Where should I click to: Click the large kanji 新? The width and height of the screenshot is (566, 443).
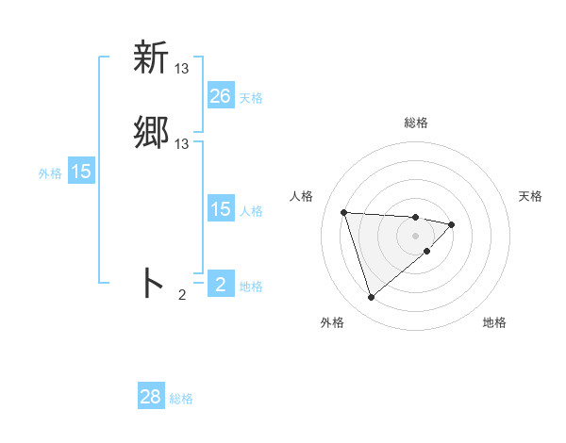click(x=151, y=58)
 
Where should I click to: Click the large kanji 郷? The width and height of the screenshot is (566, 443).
click(x=151, y=133)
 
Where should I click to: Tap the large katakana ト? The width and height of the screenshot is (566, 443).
click(x=152, y=283)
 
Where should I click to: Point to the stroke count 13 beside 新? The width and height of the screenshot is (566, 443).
click(x=182, y=69)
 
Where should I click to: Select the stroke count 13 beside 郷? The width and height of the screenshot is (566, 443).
click(x=182, y=144)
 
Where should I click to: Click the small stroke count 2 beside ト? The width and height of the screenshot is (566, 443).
click(x=182, y=295)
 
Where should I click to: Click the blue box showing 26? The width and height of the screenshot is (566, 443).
click(x=221, y=96)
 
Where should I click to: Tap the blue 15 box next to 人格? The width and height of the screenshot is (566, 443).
click(x=221, y=209)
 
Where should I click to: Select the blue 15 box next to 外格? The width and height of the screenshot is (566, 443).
click(x=81, y=172)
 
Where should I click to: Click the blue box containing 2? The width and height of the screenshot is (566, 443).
click(x=221, y=285)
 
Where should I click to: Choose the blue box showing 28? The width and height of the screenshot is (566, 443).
click(x=151, y=397)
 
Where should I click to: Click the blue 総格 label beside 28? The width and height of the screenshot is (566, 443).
click(x=181, y=399)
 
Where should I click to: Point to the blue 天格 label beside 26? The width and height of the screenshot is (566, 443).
click(x=251, y=98)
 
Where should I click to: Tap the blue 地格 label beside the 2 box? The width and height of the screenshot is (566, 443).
click(x=251, y=287)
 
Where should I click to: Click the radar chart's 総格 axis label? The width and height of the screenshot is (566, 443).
click(x=416, y=123)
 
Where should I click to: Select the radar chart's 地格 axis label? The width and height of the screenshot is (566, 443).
click(x=494, y=322)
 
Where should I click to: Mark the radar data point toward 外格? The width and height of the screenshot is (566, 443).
click(x=372, y=298)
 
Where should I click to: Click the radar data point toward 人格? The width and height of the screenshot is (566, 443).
click(x=344, y=212)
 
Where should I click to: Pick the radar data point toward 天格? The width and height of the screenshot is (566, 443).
click(x=452, y=224)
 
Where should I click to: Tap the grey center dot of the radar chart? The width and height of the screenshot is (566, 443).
click(x=416, y=235)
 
